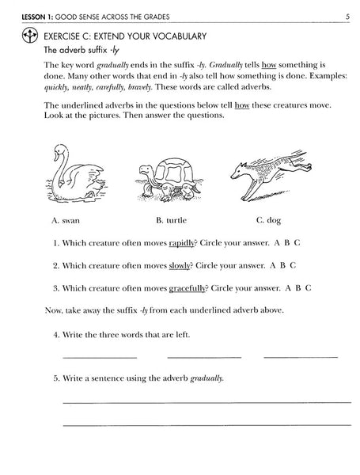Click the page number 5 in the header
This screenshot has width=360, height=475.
347,15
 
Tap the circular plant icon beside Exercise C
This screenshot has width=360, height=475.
29,36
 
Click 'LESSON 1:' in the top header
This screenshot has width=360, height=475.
25,15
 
